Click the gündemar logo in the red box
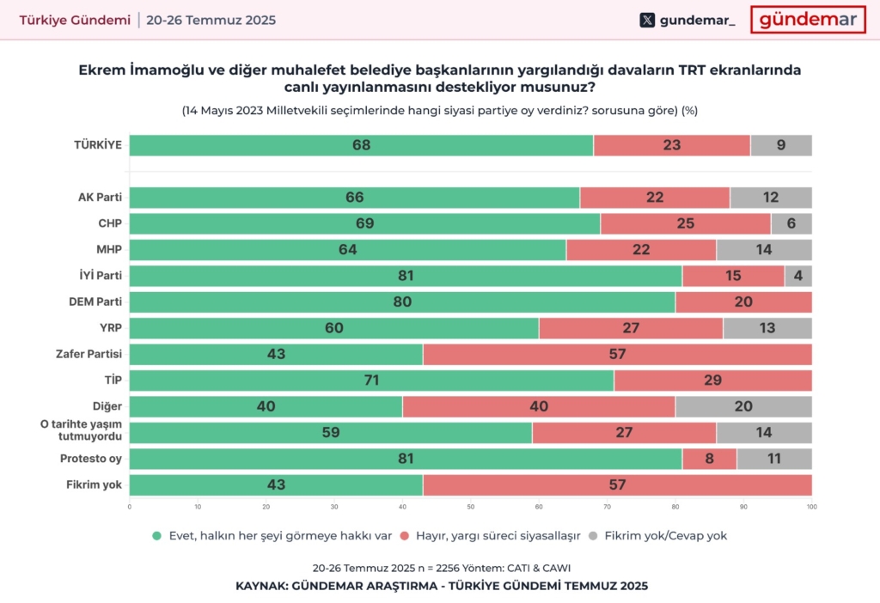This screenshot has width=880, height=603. click(x=808, y=20)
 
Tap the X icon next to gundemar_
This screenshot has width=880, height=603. click(x=647, y=21)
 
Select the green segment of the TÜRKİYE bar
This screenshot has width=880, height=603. click(x=361, y=145)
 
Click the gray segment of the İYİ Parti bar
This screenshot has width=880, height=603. click(x=797, y=276)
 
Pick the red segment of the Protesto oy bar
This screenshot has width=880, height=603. click(x=709, y=459)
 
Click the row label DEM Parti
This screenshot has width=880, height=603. click(x=95, y=301)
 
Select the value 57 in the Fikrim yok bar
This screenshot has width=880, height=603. click(x=617, y=484)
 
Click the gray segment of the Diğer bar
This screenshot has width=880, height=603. click(x=743, y=406)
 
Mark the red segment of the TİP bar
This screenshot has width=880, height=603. click(x=712, y=381)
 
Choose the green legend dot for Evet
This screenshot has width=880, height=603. click(x=156, y=535)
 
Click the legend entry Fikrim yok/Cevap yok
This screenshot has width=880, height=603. click(x=666, y=535)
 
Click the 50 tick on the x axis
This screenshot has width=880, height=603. click(x=470, y=506)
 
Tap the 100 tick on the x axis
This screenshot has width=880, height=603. click(x=811, y=506)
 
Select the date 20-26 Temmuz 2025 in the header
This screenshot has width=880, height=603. click(x=211, y=20)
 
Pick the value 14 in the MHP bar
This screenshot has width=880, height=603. click(x=764, y=250)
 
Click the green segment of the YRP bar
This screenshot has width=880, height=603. click(x=333, y=328)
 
